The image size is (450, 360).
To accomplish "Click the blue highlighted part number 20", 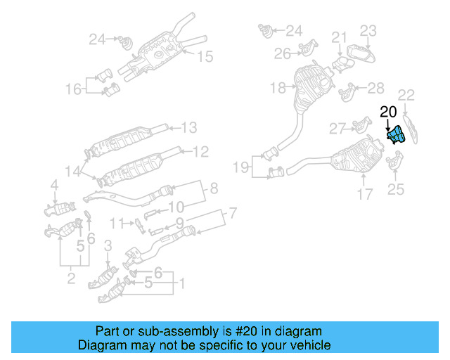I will [394, 134].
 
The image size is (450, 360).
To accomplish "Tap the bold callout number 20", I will [388, 111].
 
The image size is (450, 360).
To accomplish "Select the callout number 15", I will [204, 57].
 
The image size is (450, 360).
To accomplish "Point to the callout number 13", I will [190, 127].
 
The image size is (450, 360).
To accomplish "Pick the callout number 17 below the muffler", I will [364, 194].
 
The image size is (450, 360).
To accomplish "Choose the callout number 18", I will [278, 88].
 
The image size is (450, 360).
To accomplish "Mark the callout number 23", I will [369, 30].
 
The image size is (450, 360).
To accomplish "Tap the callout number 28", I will [375, 87].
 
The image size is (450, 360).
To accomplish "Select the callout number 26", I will [283, 53].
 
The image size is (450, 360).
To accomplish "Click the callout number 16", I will [74, 89].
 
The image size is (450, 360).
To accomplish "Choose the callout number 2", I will [71, 280].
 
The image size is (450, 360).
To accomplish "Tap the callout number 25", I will [397, 188].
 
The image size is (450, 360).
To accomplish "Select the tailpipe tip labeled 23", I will [360, 54].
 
